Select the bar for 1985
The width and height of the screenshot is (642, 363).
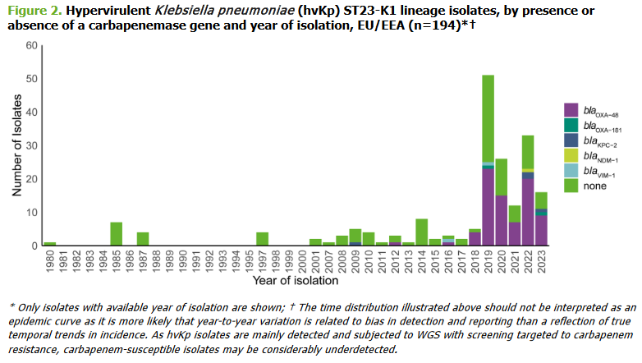point(116,234)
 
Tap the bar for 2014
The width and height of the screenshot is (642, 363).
point(421,232)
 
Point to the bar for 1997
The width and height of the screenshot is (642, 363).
point(262,239)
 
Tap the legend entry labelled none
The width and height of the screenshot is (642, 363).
point(593,186)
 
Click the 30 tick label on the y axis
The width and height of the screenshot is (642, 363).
point(32,145)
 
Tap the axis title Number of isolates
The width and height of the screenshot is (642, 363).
point(15,146)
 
